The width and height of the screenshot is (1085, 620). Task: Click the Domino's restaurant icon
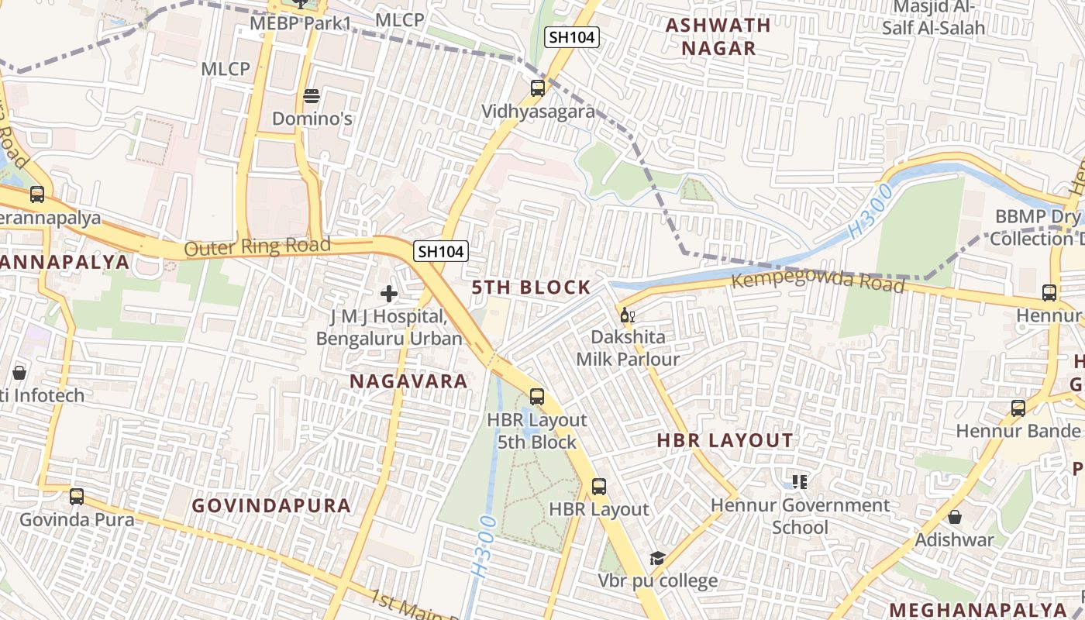tap(312, 96)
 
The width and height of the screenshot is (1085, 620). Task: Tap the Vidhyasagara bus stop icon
tap(538, 88)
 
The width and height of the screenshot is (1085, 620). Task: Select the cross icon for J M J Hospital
tap(389, 294)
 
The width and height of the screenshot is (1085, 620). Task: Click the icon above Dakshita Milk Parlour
tap(627, 315)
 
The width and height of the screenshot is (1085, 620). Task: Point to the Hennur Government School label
tap(801, 516)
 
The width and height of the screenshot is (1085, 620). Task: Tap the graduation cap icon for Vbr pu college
tap(657, 558)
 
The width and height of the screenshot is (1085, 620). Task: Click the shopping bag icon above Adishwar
tap(955, 517)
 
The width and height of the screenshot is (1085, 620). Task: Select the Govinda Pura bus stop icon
tap(76, 497)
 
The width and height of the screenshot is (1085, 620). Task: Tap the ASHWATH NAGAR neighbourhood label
tap(718, 36)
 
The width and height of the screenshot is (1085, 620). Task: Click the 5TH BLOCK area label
tap(532, 288)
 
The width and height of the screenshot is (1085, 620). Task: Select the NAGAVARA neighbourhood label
tap(408, 381)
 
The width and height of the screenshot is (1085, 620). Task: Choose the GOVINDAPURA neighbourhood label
tap(271, 506)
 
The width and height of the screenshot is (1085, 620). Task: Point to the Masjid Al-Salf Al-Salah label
tap(933, 18)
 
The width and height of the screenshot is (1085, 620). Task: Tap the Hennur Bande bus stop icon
tap(1018, 408)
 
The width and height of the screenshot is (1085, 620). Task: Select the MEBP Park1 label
tap(301, 23)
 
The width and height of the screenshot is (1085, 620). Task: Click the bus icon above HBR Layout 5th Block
tap(537, 397)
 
